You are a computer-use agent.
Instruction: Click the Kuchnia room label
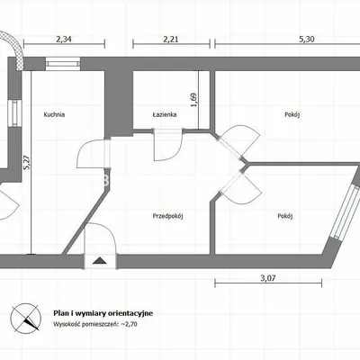54,114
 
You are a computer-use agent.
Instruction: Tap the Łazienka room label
165,114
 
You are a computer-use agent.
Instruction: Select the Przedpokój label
167,216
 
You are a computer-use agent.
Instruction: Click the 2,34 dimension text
64,39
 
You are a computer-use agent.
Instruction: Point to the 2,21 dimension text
171,39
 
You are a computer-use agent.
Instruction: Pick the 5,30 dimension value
307,39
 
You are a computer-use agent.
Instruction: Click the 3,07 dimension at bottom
268,278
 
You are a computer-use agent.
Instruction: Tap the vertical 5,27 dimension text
27,163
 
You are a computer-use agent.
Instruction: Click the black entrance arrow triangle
100,260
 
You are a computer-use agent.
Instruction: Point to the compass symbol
26,318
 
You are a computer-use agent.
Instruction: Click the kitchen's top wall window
63,64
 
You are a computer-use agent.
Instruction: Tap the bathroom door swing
167,145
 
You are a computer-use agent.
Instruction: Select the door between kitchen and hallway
94,154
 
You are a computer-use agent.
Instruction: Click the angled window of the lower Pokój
346,213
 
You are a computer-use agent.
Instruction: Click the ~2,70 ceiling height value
129,324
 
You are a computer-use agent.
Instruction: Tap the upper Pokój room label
292,114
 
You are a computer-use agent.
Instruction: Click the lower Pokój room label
284,216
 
